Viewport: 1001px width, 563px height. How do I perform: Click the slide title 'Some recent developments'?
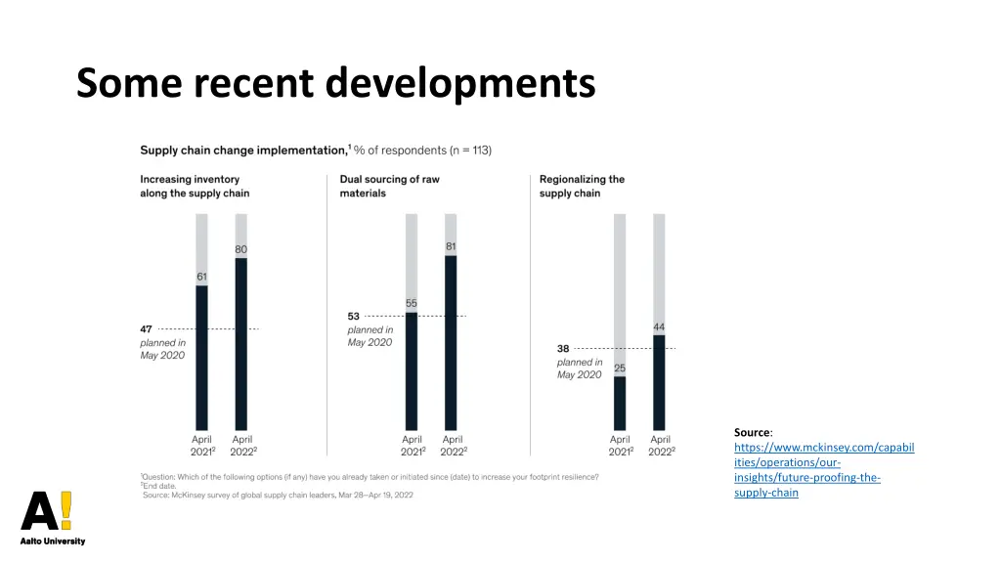[335, 83]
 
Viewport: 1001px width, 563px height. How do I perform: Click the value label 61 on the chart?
[201, 277]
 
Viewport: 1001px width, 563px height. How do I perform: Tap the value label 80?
[240, 249]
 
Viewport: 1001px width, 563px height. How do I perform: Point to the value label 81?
[451, 246]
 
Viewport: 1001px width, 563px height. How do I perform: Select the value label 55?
[412, 303]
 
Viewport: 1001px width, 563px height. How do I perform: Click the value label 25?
[620, 368]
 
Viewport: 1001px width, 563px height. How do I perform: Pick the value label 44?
[659, 326]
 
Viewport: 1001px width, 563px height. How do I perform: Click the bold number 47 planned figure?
[146, 329]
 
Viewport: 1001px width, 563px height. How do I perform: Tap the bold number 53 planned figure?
[354, 316]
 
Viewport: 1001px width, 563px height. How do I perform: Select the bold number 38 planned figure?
[563, 348]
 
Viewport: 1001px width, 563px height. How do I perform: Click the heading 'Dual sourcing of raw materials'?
[389, 186]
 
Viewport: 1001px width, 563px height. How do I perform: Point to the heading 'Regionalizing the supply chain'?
[582, 186]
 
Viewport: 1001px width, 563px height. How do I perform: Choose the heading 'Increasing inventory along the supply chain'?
[195, 186]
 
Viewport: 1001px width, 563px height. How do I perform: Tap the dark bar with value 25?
[620, 403]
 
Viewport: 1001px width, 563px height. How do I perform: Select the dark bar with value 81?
[451, 342]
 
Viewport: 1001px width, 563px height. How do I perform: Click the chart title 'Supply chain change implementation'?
[243, 151]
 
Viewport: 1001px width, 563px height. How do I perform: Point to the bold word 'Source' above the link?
[752, 432]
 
